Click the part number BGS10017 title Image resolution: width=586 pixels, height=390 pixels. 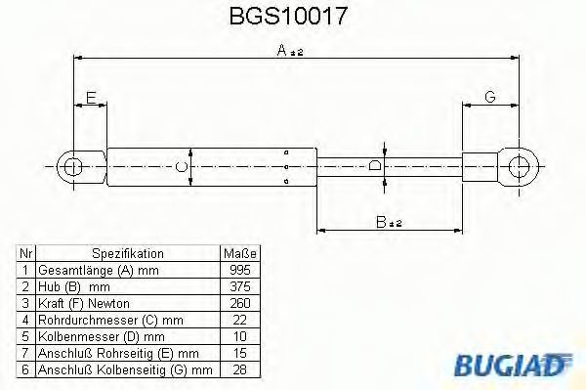(288, 16)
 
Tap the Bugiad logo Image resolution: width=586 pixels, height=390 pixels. (513, 365)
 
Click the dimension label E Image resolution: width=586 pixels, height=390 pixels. (91, 98)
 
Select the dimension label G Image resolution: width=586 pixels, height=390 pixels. (490, 97)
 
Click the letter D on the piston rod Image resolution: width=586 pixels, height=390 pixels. (374, 165)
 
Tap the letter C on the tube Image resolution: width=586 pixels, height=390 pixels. (182, 166)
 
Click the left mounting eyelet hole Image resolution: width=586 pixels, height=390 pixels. (73, 166)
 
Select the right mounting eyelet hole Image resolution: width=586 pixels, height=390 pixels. (520, 166)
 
